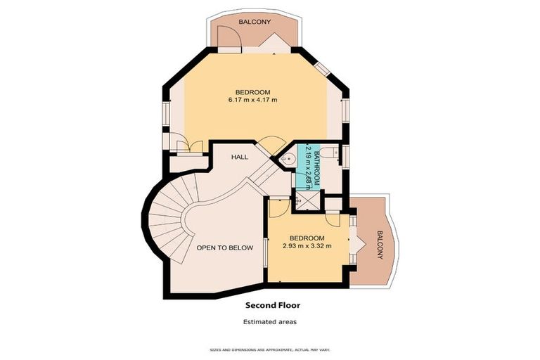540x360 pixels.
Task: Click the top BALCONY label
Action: point(254,22)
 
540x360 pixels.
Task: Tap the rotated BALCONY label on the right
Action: point(380,244)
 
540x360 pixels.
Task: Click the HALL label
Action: point(239,157)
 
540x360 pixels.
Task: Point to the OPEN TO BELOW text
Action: point(224,247)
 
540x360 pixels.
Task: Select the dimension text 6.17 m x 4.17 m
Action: point(252,100)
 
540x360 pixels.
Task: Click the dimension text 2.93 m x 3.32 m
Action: point(307,246)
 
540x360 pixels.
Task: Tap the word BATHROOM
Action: point(316,164)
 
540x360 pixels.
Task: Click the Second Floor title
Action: point(272,305)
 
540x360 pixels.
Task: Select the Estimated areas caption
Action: point(270,321)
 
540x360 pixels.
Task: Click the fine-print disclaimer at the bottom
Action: point(270,349)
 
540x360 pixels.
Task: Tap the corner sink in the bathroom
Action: point(287,160)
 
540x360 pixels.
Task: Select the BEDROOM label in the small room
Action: point(307,238)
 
